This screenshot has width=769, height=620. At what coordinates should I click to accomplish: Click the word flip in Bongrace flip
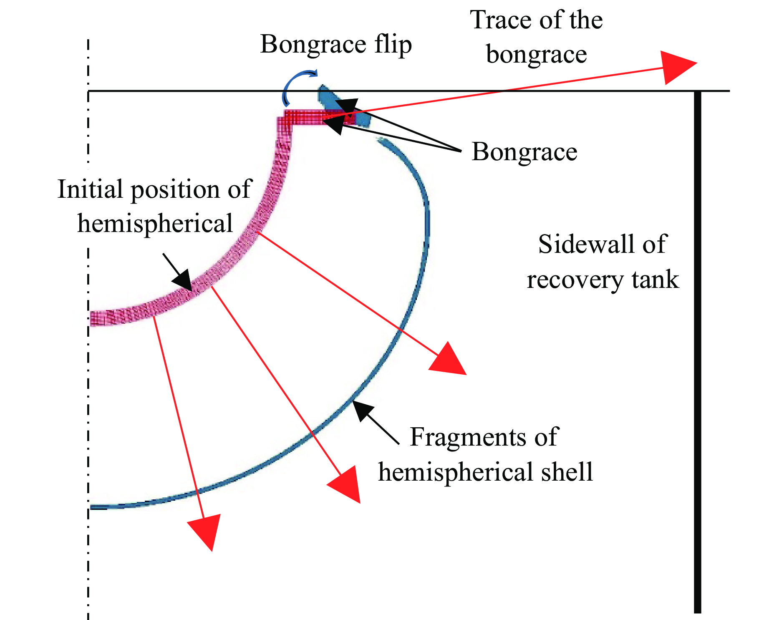pos(393,44)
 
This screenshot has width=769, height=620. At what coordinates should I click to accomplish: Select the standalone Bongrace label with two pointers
pos(524,152)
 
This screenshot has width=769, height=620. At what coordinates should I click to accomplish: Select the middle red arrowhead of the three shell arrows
pos(346,484)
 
